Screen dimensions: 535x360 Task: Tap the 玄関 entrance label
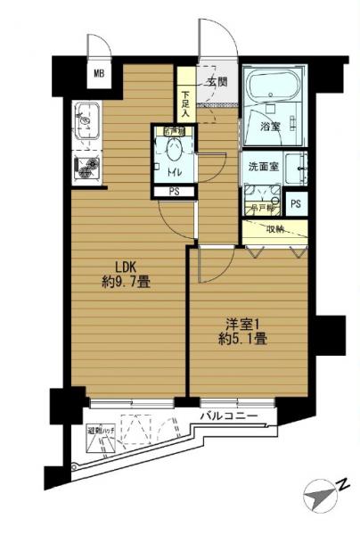coord(217,81)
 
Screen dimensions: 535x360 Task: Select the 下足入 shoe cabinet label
coord(185,104)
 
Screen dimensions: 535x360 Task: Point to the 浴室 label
coord(270,126)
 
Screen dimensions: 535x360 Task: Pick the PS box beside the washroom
coord(295,203)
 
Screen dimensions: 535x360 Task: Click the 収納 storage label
coord(275,229)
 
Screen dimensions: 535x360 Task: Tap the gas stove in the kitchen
coord(87,166)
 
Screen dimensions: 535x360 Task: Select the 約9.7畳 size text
coord(124,282)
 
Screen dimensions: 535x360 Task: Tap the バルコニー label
coord(228,416)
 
